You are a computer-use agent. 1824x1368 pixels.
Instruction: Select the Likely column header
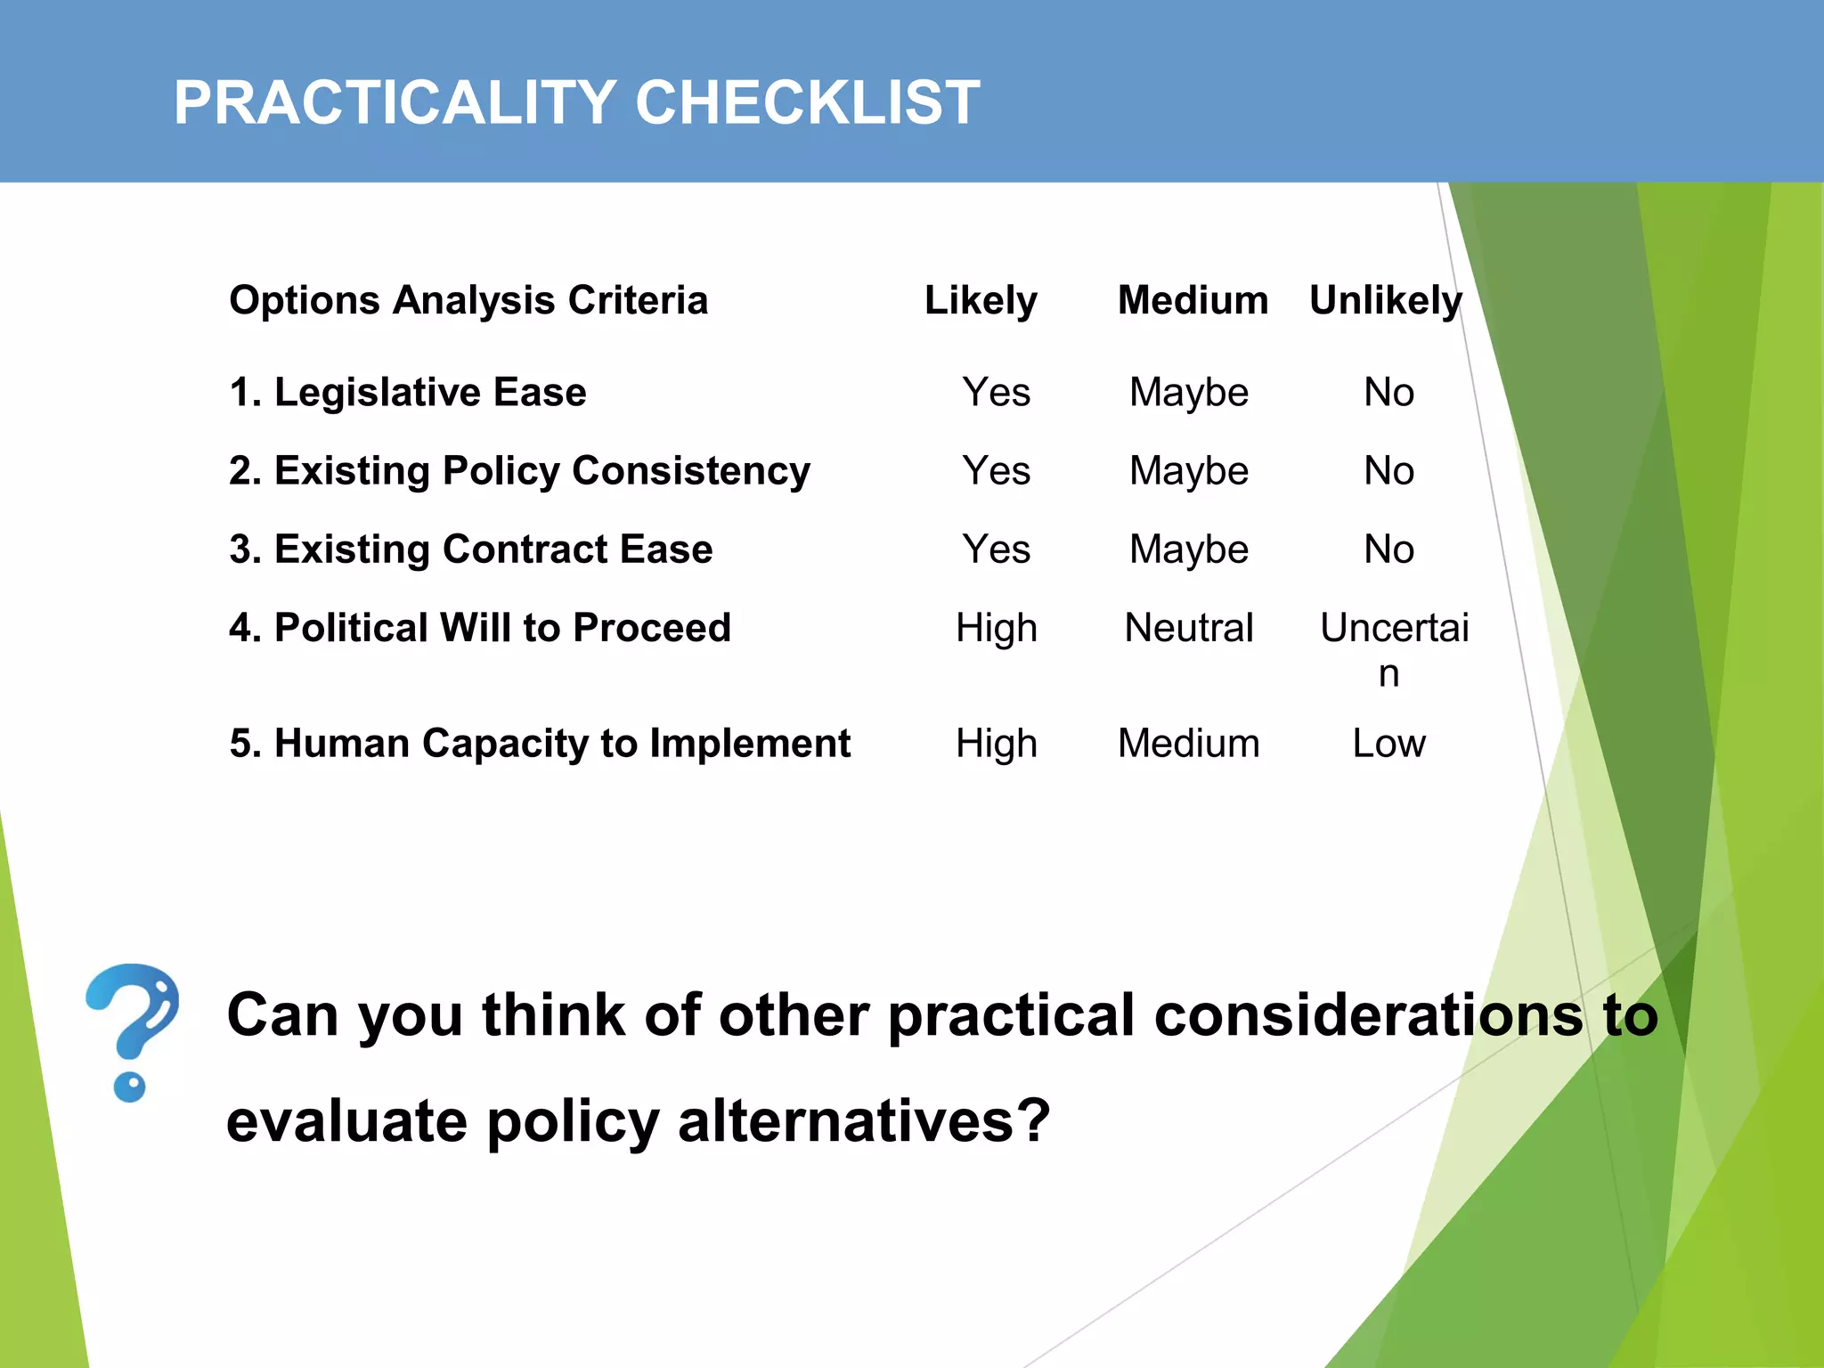pyautogui.click(x=981, y=300)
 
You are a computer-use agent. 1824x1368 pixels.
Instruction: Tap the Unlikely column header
pyautogui.click(x=1385, y=300)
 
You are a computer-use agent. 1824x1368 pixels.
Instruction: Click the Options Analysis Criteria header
pyautogui.click(x=468, y=300)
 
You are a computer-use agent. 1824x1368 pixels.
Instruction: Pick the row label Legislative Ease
pyautogui.click(x=408, y=392)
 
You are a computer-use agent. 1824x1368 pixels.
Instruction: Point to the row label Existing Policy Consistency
pyautogui.click(x=519, y=470)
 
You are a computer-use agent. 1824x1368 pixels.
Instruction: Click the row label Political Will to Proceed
pyautogui.click(x=480, y=627)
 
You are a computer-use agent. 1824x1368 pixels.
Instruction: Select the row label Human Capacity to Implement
pyautogui.click(x=540, y=743)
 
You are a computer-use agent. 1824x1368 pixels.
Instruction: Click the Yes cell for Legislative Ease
pyautogui.click(x=996, y=392)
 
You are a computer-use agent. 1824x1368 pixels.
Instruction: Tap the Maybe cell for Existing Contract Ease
pyautogui.click(x=1189, y=549)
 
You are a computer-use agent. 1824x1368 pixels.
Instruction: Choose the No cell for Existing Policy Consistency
pyautogui.click(x=1388, y=470)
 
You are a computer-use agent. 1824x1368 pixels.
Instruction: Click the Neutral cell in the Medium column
pyautogui.click(x=1189, y=627)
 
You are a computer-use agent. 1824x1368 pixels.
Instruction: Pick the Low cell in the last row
pyautogui.click(x=1388, y=743)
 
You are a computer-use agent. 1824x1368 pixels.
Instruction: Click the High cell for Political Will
pyautogui.click(x=996, y=627)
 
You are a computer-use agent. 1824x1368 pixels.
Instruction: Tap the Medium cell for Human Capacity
pyautogui.click(x=1189, y=743)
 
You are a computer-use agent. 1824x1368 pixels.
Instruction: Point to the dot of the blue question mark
pyautogui.click(x=130, y=1087)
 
